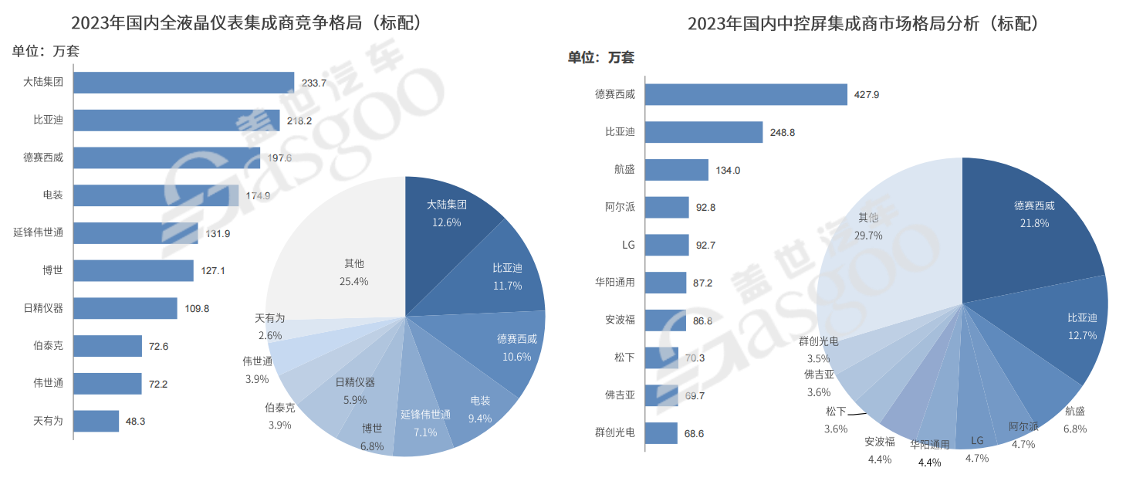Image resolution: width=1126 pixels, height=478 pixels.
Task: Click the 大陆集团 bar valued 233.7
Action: point(184,83)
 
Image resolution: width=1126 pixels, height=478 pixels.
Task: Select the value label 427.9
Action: point(867,95)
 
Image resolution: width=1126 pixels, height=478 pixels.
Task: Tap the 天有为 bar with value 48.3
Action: point(96,421)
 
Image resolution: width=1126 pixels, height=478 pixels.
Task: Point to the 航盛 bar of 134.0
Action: point(676,170)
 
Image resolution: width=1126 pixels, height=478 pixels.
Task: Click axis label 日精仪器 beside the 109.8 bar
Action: point(43,308)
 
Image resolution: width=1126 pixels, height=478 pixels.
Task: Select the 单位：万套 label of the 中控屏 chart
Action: point(601,57)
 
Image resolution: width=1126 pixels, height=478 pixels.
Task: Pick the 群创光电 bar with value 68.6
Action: point(661,433)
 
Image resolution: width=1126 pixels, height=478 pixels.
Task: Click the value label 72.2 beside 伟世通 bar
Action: point(157,384)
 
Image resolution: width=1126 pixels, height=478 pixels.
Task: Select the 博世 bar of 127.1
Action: point(134,270)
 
